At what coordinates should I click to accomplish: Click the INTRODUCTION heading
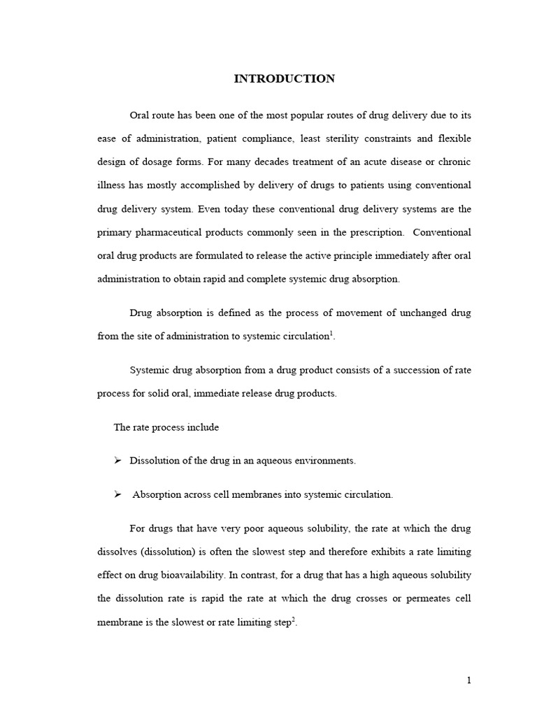tap(284, 79)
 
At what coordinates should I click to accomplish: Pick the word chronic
tap(453, 162)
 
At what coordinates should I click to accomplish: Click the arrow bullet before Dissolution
tap(117, 460)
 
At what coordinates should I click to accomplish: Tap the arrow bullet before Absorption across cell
tap(117, 494)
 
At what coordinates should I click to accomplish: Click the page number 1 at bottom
tap(468, 680)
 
